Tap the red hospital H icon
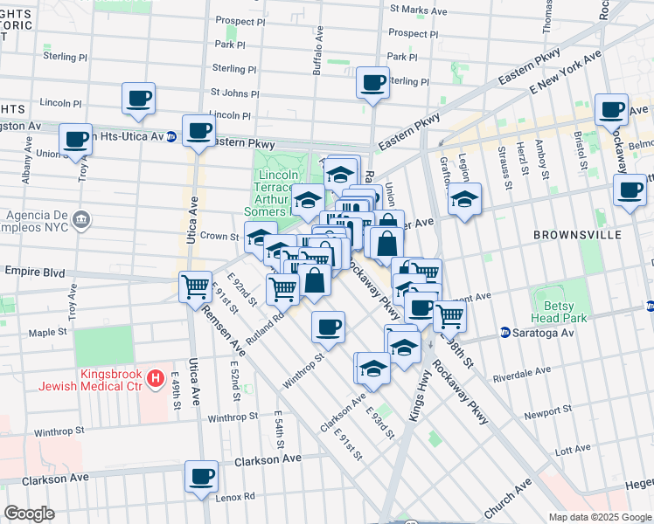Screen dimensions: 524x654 click(155, 379)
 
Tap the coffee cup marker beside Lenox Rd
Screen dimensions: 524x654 click(201, 478)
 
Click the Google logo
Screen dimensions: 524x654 click(29, 514)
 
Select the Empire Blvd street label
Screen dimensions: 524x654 click(34, 272)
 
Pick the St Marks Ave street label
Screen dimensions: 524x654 click(418, 11)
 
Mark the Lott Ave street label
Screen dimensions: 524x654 click(573, 450)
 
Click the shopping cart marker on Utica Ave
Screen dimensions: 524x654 click(196, 286)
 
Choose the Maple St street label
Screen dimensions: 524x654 click(48, 332)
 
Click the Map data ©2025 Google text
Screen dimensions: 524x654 click(599, 517)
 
